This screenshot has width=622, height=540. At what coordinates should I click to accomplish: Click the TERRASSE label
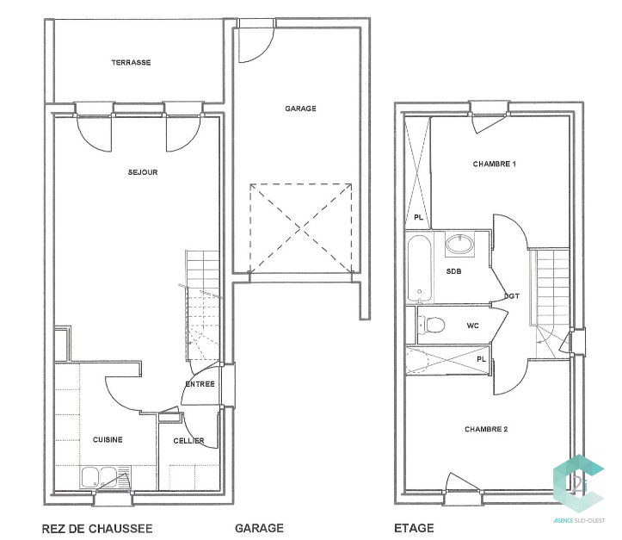(131, 62)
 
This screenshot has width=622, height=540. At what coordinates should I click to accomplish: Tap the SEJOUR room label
(143, 172)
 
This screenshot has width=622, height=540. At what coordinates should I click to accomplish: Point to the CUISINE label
(108, 439)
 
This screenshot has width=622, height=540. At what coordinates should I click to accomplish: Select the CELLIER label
(188, 441)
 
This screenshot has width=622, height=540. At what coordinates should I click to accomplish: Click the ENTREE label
(200, 384)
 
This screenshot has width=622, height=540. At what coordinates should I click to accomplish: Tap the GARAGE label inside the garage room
(301, 109)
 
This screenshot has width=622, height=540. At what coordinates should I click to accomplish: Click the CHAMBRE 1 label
(495, 164)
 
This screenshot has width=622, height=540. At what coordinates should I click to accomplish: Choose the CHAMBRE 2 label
(486, 429)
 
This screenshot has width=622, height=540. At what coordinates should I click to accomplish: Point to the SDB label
(453, 271)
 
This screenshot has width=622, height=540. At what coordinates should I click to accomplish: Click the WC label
(473, 326)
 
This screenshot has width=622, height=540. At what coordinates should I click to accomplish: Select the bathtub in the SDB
(420, 268)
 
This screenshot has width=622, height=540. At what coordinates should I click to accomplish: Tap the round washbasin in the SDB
(459, 244)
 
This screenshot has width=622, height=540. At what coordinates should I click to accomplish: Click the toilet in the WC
(431, 325)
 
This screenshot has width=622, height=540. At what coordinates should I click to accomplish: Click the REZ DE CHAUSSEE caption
(97, 529)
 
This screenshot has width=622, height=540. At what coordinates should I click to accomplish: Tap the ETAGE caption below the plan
(414, 528)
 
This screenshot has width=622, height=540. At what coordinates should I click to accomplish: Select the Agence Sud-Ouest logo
(579, 489)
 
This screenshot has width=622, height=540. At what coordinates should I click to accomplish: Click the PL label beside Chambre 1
(418, 218)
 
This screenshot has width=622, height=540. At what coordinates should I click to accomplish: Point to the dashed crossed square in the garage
(301, 228)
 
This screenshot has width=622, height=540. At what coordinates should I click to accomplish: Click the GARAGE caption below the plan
(260, 528)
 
